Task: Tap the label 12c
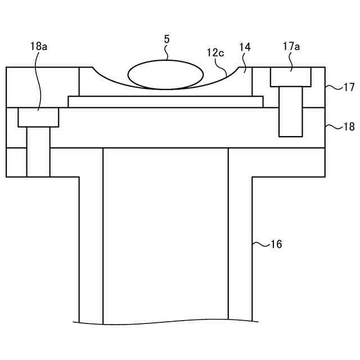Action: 215,53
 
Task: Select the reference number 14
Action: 245,47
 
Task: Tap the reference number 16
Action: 276,244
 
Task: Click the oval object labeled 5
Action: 166,75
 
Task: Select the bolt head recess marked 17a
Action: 291,77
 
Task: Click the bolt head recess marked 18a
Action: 38,117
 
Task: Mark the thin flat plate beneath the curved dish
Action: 165,101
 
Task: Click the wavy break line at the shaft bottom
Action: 165,323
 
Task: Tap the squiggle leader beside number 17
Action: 333,87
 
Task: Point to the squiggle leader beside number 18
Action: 333,127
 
